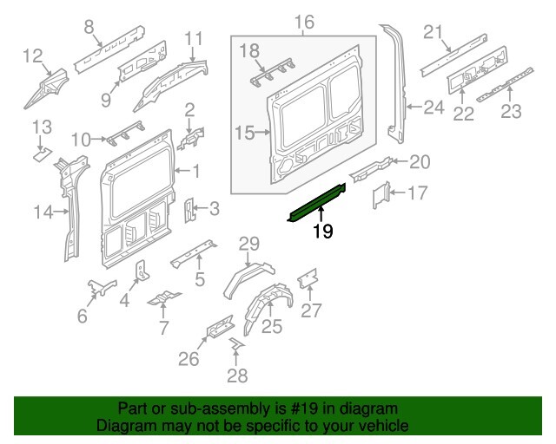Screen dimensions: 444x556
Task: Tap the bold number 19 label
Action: pos(322,232)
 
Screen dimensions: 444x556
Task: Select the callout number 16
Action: pos(302,22)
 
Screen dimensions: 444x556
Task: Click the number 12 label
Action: pos(32,57)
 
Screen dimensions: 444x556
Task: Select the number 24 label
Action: pos(434,108)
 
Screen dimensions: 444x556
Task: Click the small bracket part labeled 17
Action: pos(381,195)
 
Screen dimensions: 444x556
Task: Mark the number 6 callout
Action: pos(83,317)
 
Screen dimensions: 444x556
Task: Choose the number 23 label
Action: pos(511,110)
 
